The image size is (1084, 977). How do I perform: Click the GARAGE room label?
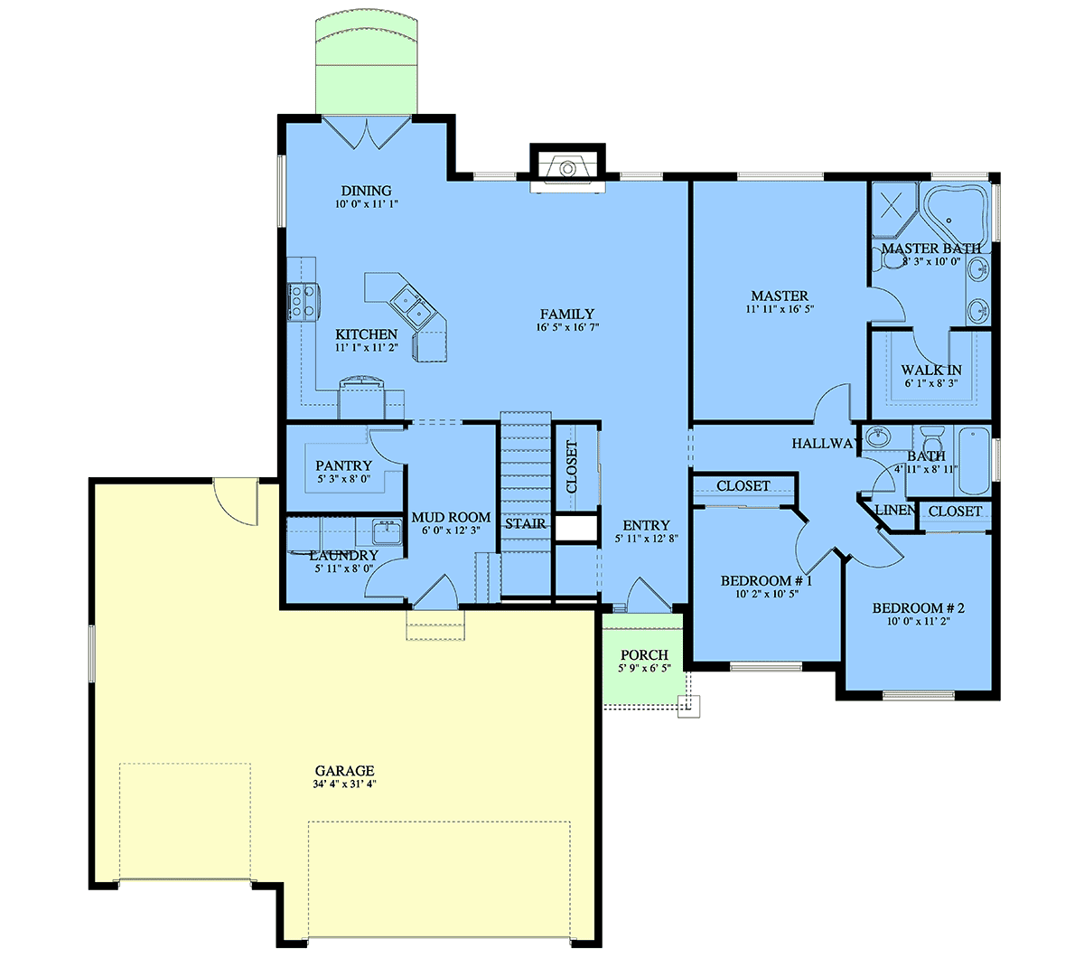tap(344, 770)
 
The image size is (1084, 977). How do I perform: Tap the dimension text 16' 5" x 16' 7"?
tap(567, 327)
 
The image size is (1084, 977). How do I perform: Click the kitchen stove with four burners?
tap(304, 302)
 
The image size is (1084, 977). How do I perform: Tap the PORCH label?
tap(644, 654)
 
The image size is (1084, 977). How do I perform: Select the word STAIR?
tap(525, 523)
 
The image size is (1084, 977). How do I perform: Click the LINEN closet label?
tap(894, 510)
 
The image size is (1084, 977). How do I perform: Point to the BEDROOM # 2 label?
tap(918, 608)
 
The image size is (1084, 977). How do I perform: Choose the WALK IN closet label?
tap(931, 371)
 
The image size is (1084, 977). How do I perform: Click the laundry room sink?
tap(386, 532)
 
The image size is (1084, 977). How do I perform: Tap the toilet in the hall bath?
tap(931, 437)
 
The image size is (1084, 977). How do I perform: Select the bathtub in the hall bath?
tap(973, 460)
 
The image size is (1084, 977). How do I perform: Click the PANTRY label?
tap(343, 465)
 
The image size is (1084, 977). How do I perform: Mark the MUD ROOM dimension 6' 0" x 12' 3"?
tap(452, 531)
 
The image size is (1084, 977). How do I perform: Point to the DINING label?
tap(367, 191)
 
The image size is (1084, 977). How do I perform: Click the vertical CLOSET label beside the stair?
tap(572, 466)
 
